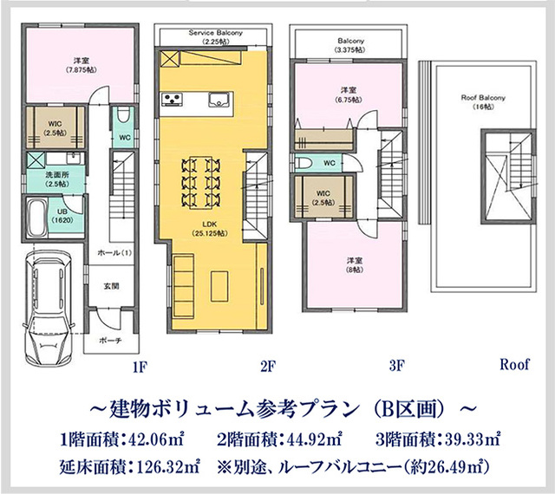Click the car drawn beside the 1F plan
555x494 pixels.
tap(49, 308)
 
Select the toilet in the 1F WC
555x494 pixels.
tap(123, 115)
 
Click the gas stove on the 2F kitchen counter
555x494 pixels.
tap(172, 99)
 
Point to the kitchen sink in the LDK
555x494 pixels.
tap(219, 99)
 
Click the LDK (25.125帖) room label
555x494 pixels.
tap(210, 229)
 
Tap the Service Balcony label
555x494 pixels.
tap(216, 36)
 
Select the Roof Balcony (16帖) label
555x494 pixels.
tap(483, 102)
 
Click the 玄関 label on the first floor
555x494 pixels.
tap(111, 286)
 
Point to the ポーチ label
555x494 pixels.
tap(110, 340)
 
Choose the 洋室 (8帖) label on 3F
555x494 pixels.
tap(355, 265)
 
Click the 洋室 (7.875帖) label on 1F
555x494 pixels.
tap(81, 65)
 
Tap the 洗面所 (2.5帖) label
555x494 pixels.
tap(56, 179)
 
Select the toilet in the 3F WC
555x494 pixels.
tap(304, 163)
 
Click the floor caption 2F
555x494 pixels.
tap(268, 367)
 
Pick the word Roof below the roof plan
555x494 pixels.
tap(514, 364)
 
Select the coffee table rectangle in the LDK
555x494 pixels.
tap(219, 286)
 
